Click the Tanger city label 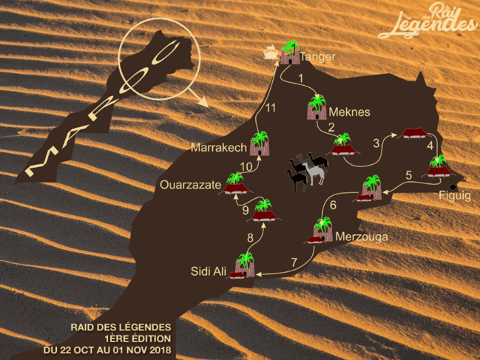pos(318,56)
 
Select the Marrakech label pos(218,148)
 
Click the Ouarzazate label pos(190,186)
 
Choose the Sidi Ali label pos(208,271)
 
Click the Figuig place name pos(454,195)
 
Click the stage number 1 pos(300,77)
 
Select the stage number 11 pos(271,108)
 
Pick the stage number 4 pos(430,146)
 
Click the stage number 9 pos(245,211)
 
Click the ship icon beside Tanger pos(271,52)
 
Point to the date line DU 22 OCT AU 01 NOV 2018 pos(107,348)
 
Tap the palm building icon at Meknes pos(317,107)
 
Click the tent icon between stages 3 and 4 pos(411,133)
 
